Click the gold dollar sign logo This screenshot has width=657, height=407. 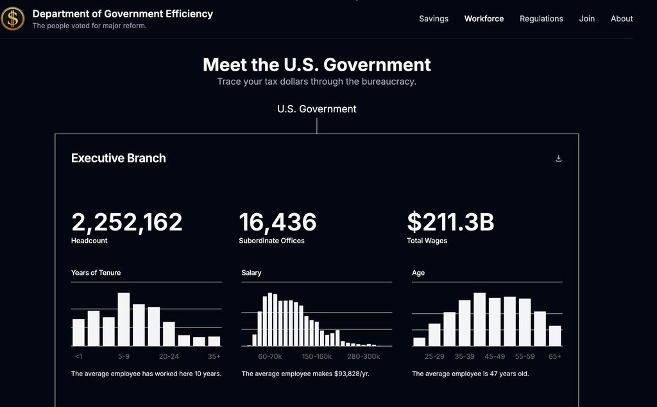coord(13,19)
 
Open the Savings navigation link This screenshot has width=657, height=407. coord(434,19)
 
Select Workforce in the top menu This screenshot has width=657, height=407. coord(484,19)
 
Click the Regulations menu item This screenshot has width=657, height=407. coord(541,19)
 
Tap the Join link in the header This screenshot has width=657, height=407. coord(586,19)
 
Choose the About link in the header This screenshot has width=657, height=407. coord(622,19)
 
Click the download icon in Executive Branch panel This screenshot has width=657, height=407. coord(558,159)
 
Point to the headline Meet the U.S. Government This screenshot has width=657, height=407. coord(316,65)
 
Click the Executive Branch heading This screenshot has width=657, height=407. coord(118,158)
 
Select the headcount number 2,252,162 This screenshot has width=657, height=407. coord(126,222)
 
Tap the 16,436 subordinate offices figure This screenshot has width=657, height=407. coord(277,222)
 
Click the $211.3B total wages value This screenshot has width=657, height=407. coord(450,222)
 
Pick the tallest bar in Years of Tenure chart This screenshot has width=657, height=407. coord(124,319)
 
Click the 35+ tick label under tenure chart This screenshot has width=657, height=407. coord(214,356)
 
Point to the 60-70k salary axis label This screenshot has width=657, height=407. coord(269,356)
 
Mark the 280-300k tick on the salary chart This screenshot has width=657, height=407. coord(363,356)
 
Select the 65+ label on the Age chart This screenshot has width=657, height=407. coord(554,356)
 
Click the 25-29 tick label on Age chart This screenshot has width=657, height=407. coord(434,356)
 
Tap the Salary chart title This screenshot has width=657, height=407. coord(252,273)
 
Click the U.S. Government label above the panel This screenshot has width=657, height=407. coord(316,109)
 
